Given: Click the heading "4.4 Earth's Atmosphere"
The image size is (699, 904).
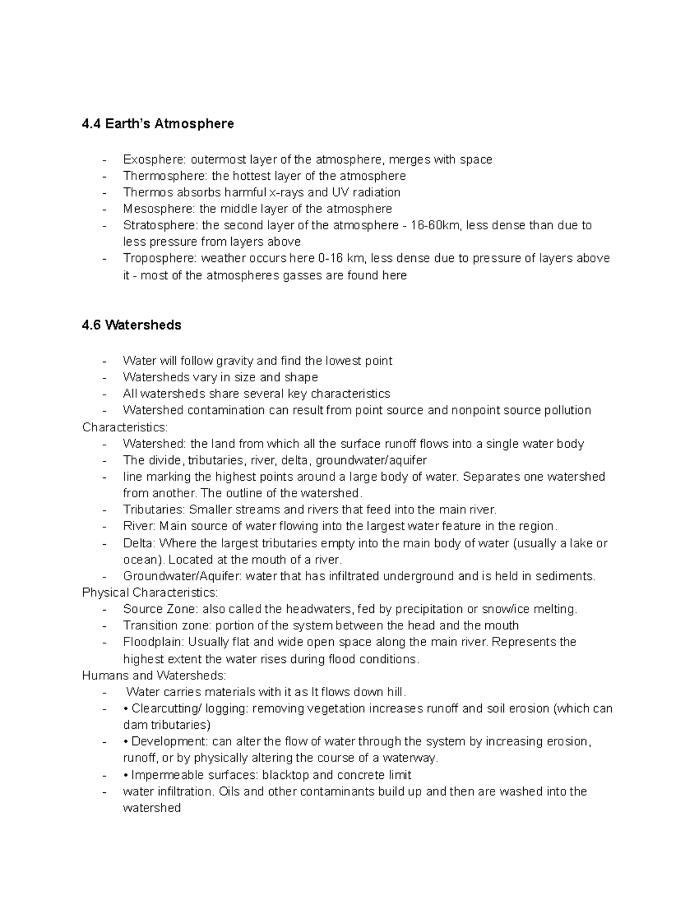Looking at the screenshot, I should (x=158, y=124).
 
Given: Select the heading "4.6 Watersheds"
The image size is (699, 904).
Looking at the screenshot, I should (x=132, y=325).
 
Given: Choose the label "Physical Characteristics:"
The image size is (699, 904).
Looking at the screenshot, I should (x=150, y=593).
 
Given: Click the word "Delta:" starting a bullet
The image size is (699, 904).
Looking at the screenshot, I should (x=139, y=544).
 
